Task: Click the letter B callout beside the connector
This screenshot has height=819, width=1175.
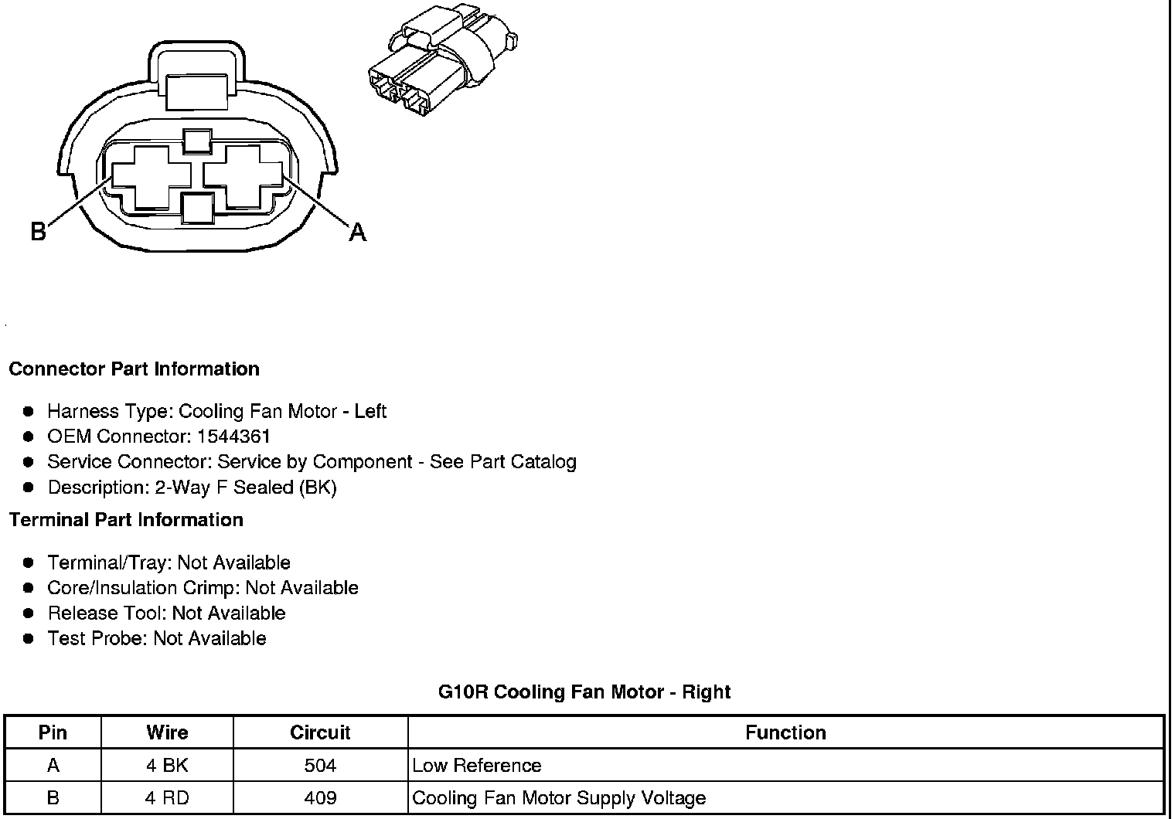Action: coord(38,231)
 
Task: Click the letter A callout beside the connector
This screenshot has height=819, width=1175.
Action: coord(357,231)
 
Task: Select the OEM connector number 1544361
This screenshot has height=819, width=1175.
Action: coord(233,437)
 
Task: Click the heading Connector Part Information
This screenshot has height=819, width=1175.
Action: coord(134,369)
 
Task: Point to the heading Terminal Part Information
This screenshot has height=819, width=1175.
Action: coord(126,519)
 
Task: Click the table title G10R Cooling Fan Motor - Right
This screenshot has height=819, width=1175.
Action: coord(584,692)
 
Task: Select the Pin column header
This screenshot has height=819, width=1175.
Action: coord(53,732)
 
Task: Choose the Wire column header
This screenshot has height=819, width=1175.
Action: coord(167,732)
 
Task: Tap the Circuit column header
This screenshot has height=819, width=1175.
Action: coord(320,732)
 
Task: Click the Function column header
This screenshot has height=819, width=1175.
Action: coord(785,732)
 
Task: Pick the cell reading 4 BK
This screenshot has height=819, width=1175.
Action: coord(167,766)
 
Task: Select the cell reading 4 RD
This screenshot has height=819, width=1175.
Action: coord(167,798)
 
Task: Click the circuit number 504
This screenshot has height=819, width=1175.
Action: coord(320,766)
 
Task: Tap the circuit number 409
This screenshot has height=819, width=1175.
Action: coord(320,798)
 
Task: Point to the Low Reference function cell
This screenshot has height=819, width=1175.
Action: coord(477,766)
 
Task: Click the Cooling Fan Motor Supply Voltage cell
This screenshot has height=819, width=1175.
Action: coord(559,798)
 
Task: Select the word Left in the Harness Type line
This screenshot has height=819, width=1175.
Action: coord(370,411)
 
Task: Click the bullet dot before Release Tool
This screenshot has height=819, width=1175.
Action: coord(29,613)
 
